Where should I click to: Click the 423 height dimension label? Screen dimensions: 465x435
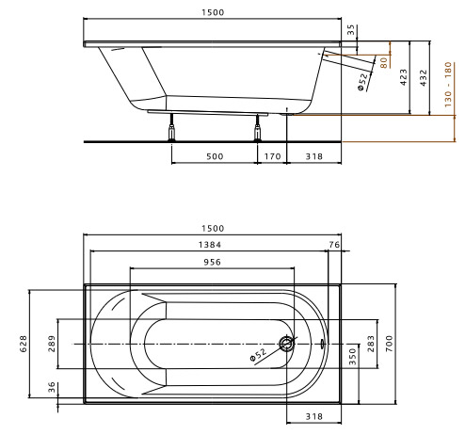point(404,77)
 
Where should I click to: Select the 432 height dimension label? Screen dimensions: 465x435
point(424,78)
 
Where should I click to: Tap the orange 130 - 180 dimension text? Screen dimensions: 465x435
point(448,85)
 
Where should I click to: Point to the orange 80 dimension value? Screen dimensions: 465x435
point(383,62)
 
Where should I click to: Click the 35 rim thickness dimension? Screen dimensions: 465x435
point(351,29)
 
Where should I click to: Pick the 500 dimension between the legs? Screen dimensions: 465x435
point(215,156)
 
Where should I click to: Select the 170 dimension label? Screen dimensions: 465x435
point(272,156)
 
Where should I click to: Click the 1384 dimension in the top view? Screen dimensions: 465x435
point(210,245)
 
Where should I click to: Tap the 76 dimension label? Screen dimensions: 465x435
point(334,245)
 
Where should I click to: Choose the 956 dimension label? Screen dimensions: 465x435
point(212,262)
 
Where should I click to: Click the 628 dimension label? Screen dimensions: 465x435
point(24,344)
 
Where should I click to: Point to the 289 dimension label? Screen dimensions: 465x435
point(52,344)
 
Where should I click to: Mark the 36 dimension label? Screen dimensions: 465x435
point(52,387)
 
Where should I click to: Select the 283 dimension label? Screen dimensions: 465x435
point(371,344)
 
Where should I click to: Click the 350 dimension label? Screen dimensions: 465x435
point(353,357)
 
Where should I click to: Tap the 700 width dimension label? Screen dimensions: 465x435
point(389,344)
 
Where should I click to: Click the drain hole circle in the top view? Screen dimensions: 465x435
point(286,344)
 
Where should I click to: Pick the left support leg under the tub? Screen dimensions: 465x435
point(171,127)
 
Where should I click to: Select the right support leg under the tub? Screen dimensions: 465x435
point(257,127)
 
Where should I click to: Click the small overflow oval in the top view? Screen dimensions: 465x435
point(322,344)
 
